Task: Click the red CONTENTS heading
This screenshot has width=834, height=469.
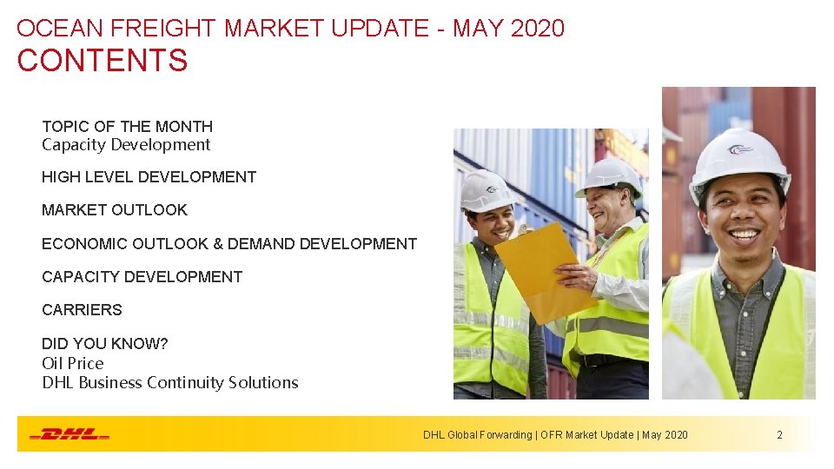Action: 102,61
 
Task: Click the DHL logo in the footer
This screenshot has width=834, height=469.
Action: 69,434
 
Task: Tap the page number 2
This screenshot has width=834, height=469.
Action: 779,434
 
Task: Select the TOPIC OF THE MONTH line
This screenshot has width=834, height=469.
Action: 127,127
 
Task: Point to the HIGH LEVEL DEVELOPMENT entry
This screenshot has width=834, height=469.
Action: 149,177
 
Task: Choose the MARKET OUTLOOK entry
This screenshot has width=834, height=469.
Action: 114,210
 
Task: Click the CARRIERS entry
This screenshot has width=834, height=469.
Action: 82,310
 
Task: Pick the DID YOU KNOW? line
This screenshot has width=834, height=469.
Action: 104,344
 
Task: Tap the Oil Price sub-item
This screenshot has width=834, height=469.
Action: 72,363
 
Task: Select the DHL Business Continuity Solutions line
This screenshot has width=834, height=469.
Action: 169,383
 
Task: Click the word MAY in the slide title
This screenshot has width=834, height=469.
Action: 479,28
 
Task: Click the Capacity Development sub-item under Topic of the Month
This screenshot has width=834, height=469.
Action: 126,145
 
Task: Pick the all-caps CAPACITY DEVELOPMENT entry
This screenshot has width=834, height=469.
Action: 142,277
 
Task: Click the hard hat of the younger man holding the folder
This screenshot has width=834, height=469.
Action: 486,189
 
